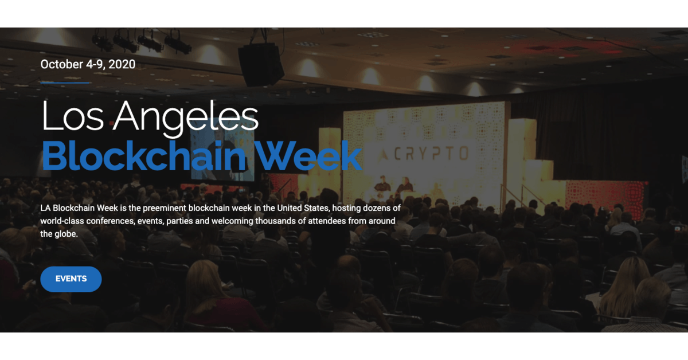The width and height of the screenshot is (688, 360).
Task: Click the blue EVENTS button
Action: point(71,279)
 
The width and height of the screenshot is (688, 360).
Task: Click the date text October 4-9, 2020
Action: point(88,64)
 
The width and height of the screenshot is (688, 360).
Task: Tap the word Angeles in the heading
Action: point(186,118)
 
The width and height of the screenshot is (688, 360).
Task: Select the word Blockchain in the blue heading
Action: point(144,155)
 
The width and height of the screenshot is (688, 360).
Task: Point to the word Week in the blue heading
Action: point(308,155)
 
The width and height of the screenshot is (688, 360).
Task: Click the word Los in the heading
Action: point(73,115)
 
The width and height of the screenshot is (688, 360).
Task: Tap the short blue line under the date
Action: point(65,83)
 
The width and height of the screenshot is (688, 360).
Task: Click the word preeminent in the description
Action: point(165,208)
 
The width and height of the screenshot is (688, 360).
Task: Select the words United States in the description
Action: point(303,208)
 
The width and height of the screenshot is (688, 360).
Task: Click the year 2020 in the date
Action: point(122,64)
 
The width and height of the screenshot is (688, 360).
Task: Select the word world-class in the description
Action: point(62,221)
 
